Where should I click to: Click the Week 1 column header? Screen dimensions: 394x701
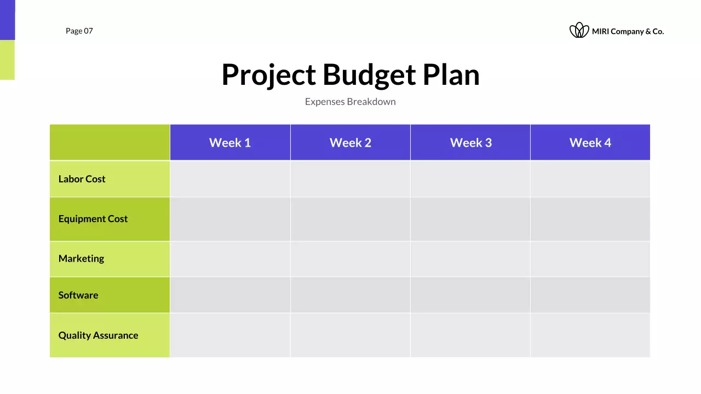tap(230, 143)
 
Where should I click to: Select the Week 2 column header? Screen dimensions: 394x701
tap(350, 143)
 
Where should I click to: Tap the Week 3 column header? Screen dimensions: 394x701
tap(470, 143)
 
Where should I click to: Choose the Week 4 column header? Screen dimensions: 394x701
tap(590, 143)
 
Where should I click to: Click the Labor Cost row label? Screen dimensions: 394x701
tap(82, 179)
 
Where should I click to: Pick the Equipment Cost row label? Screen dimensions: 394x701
tap(93, 219)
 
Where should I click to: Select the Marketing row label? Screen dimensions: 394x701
tap(81, 258)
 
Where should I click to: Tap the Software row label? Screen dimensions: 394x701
tap(78, 295)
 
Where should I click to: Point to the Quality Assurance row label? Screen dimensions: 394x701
tap(99, 335)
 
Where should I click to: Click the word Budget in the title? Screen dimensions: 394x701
tap(369, 74)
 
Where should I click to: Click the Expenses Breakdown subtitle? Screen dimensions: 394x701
tap(350, 102)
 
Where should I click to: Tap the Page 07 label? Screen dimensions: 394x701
tap(79, 31)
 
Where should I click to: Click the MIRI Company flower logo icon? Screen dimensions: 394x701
tap(579, 31)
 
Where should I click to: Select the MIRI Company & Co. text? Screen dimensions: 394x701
tap(628, 32)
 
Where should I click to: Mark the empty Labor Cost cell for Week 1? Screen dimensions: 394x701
tap(230, 179)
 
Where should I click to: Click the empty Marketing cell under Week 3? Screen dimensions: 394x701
tap(470, 258)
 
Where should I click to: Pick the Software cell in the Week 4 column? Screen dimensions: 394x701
tap(590, 295)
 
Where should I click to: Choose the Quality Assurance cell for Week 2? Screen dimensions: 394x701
tap(350, 335)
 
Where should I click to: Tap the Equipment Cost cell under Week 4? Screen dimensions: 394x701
tap(590, 219)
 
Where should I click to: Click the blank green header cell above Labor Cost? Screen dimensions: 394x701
tap(110, 142)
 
